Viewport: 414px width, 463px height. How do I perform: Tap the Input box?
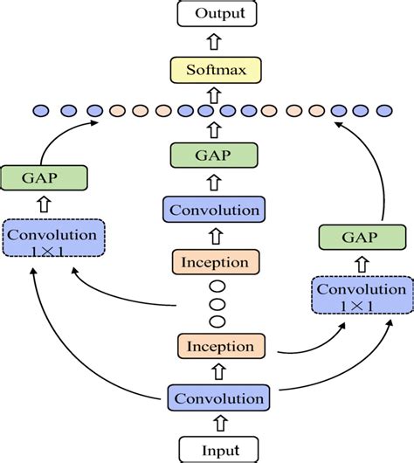click(215, 449)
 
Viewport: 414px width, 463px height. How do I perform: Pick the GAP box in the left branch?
click(44, 177)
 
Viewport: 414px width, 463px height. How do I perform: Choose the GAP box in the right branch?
click(361, 237)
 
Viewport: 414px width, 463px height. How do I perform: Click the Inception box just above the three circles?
click(215, 262)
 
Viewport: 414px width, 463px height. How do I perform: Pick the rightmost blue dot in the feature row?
click(384, 111)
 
